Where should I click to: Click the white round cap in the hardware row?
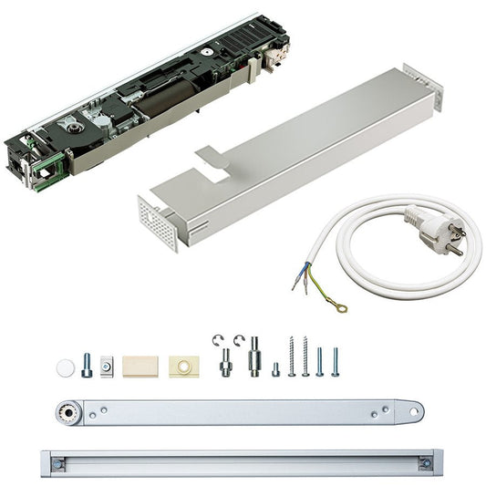[65, 367]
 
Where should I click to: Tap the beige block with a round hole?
[182, 367]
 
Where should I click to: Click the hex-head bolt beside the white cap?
[87, 365]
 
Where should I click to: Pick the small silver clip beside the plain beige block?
[108, 367]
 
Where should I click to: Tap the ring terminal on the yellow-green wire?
[341, 307]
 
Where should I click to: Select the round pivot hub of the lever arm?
[66, 411]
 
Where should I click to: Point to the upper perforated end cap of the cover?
[424, 86]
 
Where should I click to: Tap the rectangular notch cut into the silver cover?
[212, 159]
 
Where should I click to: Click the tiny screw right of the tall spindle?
[276, 369]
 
